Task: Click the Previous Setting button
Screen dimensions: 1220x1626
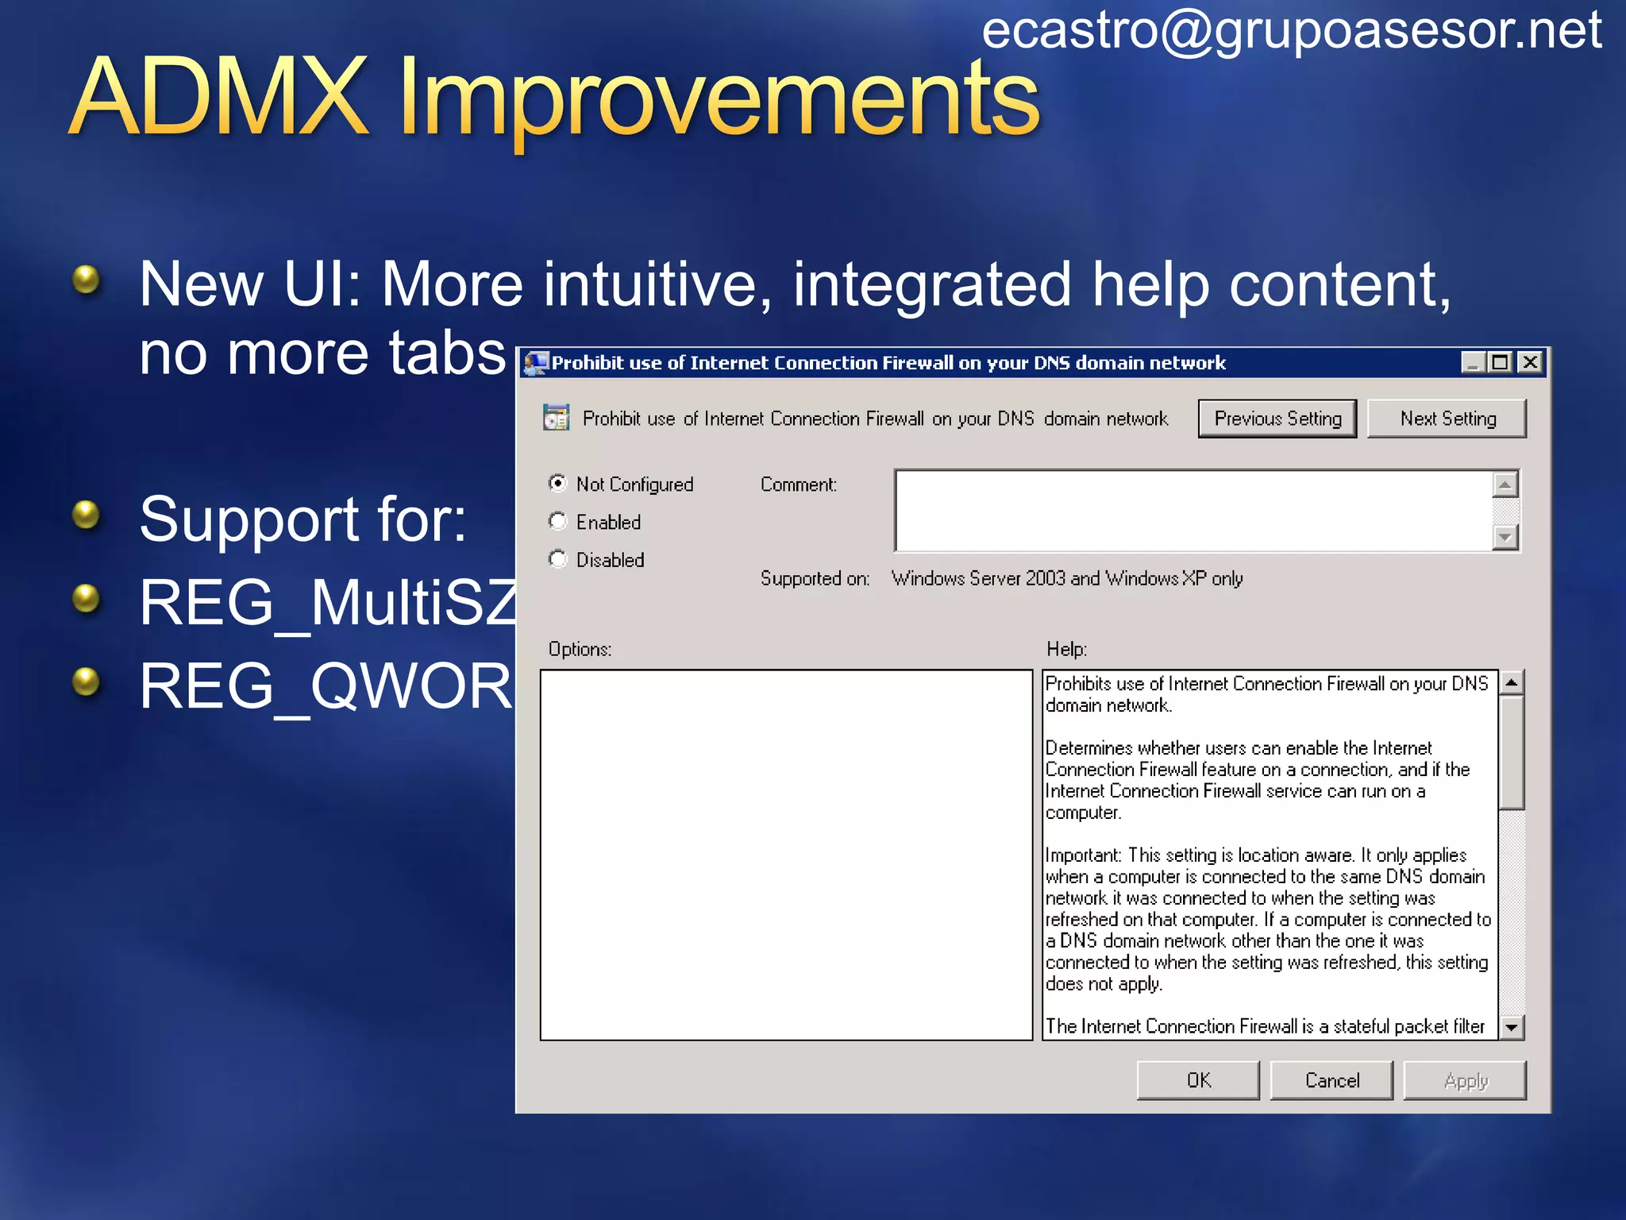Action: tap(1277, 419)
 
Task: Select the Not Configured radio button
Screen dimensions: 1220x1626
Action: tap(558, 483)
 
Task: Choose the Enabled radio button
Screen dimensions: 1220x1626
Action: tap(558, 521)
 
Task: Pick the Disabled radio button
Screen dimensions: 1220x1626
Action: tap(558, 559)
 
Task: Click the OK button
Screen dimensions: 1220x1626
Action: tap(1198, 1080)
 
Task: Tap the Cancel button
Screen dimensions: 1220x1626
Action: tap(1331, 1080)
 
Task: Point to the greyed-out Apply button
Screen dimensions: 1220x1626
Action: tap(1465, 1080)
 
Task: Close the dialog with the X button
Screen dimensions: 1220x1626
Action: tap(1530, 363)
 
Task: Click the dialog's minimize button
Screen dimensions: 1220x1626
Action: tap(1473, 363)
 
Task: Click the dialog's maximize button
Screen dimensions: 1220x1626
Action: tap(1501, 363)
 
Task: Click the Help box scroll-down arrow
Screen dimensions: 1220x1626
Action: tap(1512, 1027)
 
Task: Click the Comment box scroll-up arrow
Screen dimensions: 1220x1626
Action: tap(1505, 484)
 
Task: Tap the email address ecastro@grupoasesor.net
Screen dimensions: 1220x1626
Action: tap(1292, 30)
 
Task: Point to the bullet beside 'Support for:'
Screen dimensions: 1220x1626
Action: tap(86, 515)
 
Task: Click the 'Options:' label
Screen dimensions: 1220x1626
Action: tap(580, 649)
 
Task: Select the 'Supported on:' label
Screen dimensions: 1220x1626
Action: tap(815, 578)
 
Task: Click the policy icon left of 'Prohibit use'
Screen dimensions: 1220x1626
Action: tap(556, 417)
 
